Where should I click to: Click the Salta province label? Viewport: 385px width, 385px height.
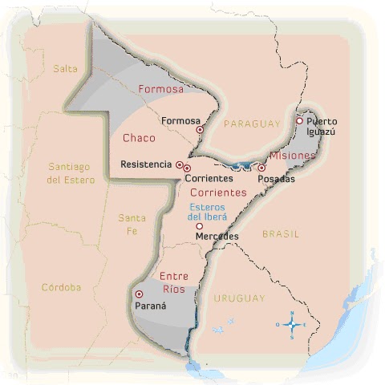(x=65, y=68)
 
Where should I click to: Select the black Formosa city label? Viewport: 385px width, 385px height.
(x=180, y=121)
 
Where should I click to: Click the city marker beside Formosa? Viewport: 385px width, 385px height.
(x=200, y=128)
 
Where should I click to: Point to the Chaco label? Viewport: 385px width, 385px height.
(x=139, y=138)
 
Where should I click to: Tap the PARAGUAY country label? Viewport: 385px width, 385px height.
(x=252, y=124)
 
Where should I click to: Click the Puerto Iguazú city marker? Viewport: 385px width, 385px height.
(x=299, y=121)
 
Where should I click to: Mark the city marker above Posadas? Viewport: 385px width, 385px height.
(x=261, y=168)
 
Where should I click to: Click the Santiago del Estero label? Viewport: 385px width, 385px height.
(x=71, y=172)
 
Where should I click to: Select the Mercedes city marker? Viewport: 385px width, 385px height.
(x=199, y=226)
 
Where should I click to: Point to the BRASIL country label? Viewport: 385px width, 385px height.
(x=280, y=234)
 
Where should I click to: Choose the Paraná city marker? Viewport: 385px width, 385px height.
(x=140, y=294)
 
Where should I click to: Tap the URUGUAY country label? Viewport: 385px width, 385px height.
(x=239, y=298)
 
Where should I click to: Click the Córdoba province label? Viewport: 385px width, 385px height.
(x=62, y=286)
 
